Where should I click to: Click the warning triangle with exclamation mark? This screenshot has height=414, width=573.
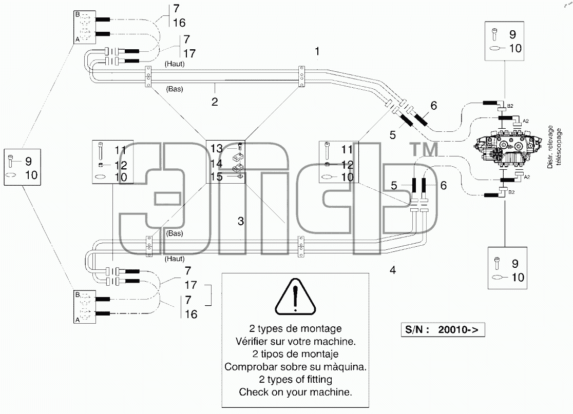click(295, 297)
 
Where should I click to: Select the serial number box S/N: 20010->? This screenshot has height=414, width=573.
click(443, 330)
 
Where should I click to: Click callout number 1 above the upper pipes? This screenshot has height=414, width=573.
click(317, 51)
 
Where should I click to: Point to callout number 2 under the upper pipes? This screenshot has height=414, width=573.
click(215, 102)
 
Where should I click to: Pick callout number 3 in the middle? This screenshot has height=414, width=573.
click(240, 221)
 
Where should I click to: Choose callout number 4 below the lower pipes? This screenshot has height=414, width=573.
click(393, 270)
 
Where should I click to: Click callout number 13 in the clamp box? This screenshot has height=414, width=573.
click(216, 148)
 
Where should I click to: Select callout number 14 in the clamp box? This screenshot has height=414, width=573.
click(216, 163)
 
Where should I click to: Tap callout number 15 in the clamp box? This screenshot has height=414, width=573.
click(216, 176)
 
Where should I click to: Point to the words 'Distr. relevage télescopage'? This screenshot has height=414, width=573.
click(554, 147)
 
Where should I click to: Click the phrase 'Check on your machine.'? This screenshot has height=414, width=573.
click(295, 392)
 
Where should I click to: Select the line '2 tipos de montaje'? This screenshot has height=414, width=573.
click(295, 354)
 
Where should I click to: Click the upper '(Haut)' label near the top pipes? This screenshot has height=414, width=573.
click(175, 64)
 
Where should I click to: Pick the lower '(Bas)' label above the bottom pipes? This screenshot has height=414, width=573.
click(174, 233)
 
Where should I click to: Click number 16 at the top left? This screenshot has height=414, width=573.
click(179, 23)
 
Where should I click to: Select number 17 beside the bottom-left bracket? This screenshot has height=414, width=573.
click(191, 285)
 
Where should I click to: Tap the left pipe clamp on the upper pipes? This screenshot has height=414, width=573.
click(148, 76)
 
